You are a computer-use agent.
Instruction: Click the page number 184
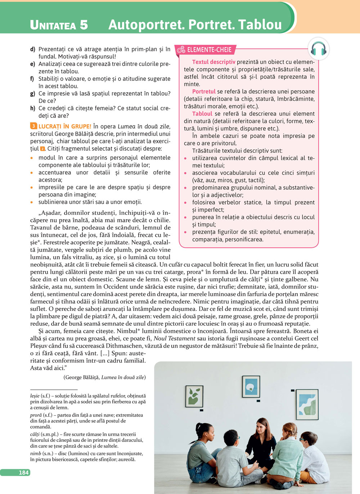pos(24,472)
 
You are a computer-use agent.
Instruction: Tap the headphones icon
pos(318,49)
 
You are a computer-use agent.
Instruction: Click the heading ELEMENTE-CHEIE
pos(209,50)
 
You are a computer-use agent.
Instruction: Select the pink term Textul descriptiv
pos(213,62)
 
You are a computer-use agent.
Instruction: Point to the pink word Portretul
pos(204,91)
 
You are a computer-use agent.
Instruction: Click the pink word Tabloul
pos(202,114)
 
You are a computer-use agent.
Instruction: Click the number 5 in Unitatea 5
pos(84,25)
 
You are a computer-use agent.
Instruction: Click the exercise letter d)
pos(33,49)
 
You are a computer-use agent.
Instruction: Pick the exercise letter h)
pos(33,108)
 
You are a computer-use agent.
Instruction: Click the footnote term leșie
pos(35,396)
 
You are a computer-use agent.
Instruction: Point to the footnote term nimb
pos(35,453)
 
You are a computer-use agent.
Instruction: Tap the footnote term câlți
pos(35,434)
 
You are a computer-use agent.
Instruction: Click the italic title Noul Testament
pos(174,338)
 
